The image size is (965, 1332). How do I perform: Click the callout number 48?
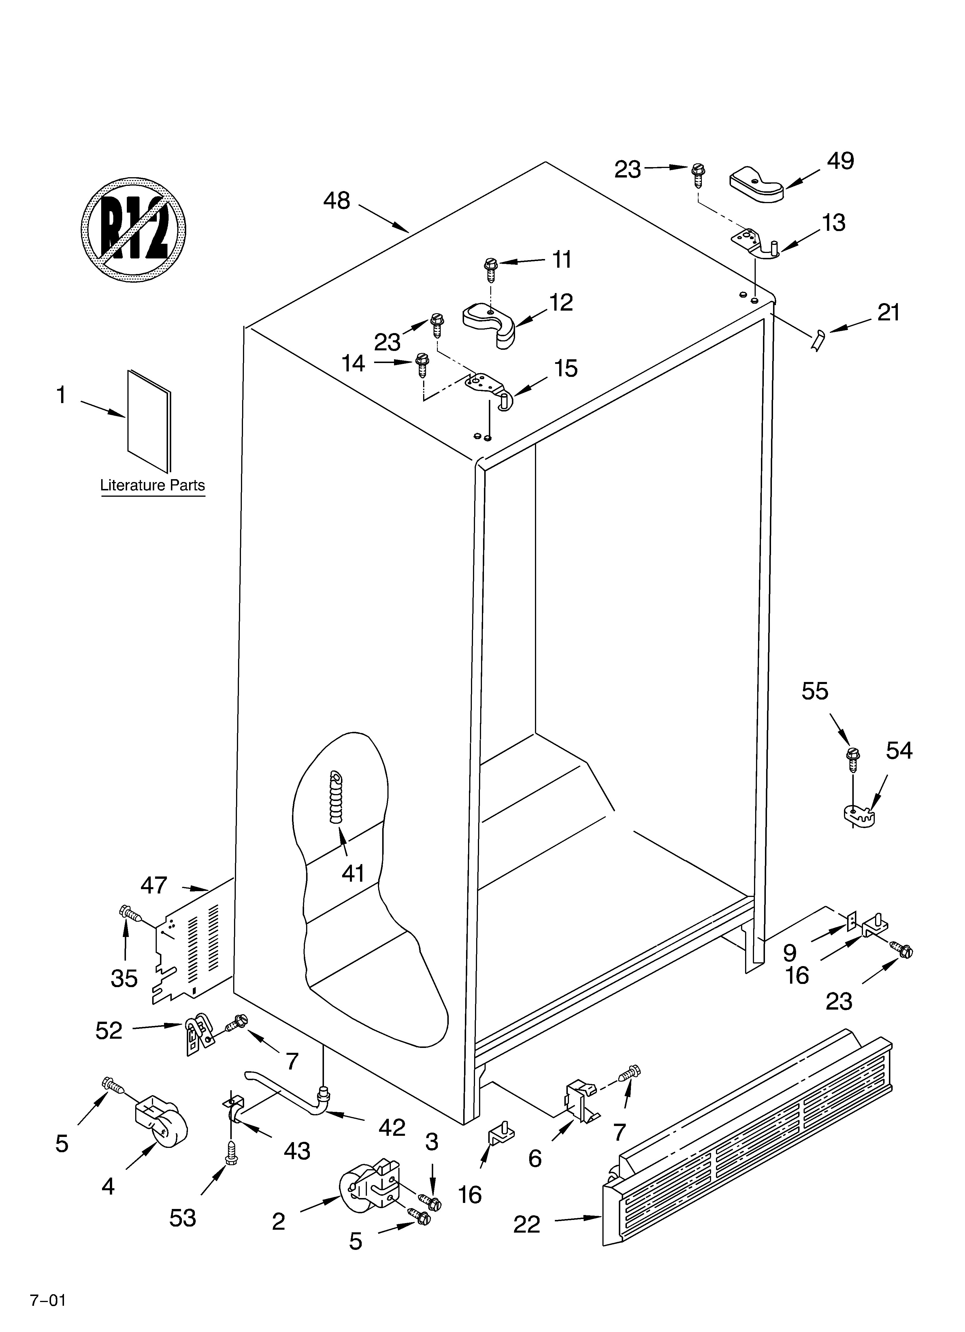[337, 201]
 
